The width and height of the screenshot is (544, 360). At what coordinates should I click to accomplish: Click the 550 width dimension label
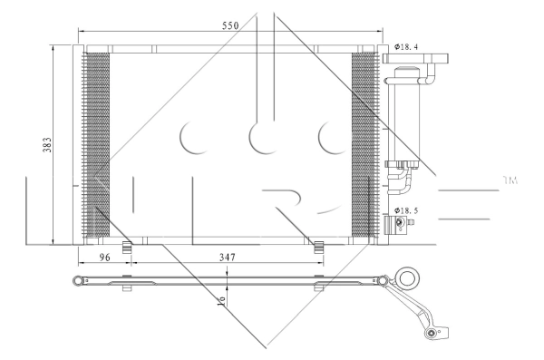point(229,26)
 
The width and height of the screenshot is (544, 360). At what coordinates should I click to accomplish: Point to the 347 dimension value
point(228,258)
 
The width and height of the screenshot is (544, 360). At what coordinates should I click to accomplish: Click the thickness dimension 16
point(220,298)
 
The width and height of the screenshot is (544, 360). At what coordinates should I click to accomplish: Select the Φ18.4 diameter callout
point(408,46)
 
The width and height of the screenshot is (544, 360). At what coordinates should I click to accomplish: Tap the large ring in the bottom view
point(410,278)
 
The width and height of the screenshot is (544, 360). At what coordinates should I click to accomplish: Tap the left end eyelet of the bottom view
point(79,280)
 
